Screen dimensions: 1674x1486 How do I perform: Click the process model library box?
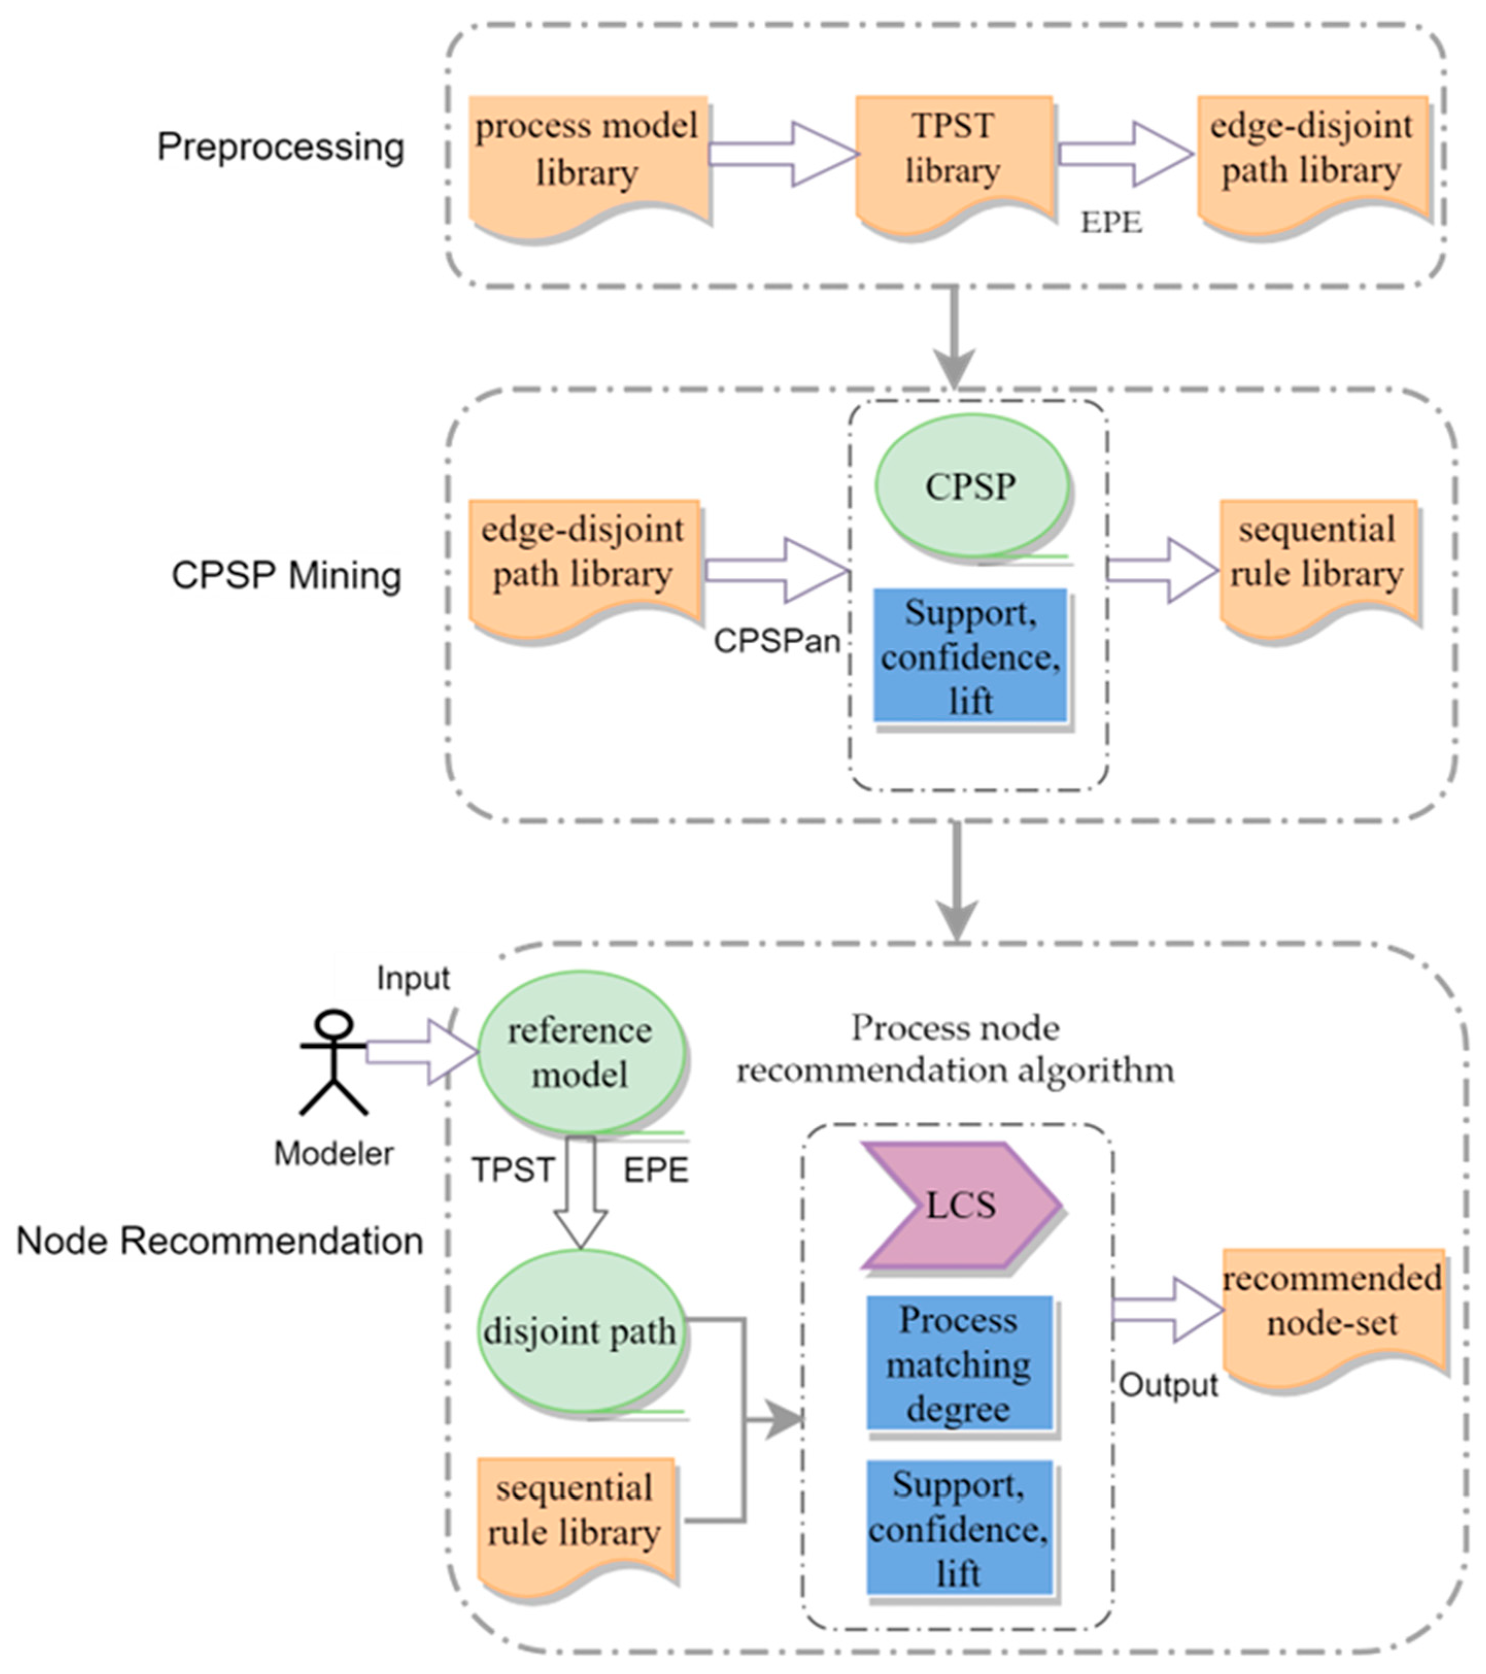587,160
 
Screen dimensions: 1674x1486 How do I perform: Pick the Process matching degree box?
959,1364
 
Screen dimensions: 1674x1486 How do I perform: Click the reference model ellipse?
580,1053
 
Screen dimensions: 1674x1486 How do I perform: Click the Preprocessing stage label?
280,147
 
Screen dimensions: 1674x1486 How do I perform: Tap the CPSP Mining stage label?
286,576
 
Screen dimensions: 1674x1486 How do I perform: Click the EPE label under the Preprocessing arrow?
1111,222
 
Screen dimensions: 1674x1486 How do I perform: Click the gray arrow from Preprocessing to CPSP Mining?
954,336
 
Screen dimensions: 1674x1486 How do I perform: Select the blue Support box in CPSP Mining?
970,657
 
